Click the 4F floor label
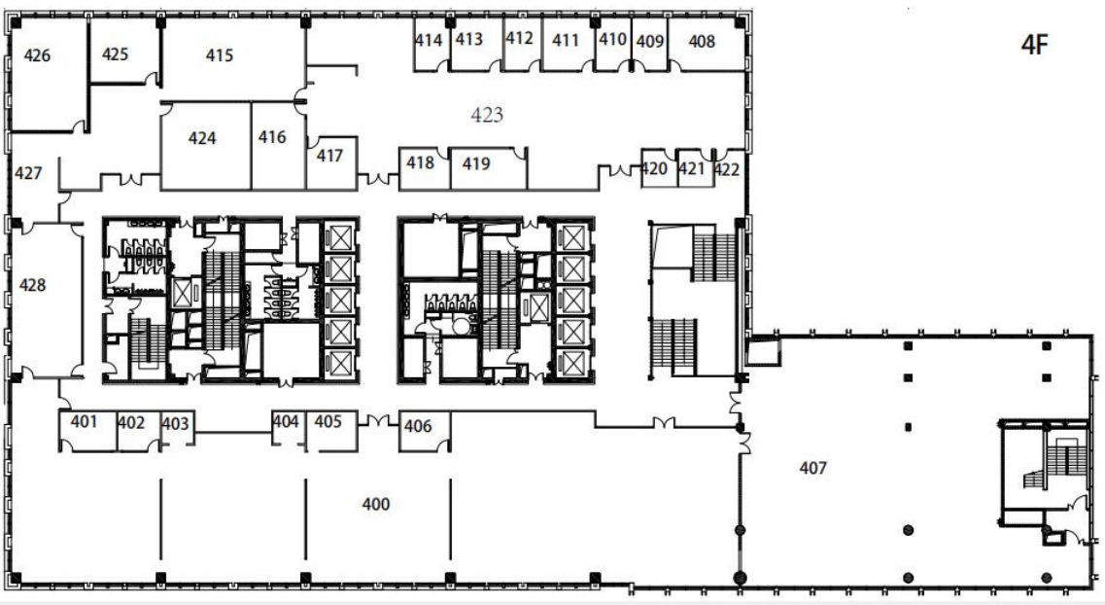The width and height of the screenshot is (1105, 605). click(1034, 45)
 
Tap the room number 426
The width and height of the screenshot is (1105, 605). click(37, 55)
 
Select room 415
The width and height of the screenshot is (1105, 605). click(220, 55)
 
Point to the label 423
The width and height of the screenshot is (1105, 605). click(487, 114)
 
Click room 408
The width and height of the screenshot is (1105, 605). click(702, 42)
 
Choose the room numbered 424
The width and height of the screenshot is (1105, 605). click(202, 138)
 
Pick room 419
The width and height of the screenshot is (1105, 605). click(476, 163)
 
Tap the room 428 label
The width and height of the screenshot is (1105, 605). click(32, 285)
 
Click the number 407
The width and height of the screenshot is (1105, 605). click(813, 468)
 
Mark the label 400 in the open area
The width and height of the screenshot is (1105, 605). click(375, 504)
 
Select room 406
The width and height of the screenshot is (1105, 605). click(418, 426)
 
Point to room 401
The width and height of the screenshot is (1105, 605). click(84, 422)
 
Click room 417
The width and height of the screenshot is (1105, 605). click(329, 155)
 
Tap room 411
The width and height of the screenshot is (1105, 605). click(566, 41)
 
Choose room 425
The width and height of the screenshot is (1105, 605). click(115, 54)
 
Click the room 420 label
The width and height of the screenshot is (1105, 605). click(654, 168)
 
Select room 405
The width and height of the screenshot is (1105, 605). click(328, 422)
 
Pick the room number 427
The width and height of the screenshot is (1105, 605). click(28, 173)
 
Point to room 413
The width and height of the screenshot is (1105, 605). click(469, 40)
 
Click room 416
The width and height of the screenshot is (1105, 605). click(272, 137)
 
